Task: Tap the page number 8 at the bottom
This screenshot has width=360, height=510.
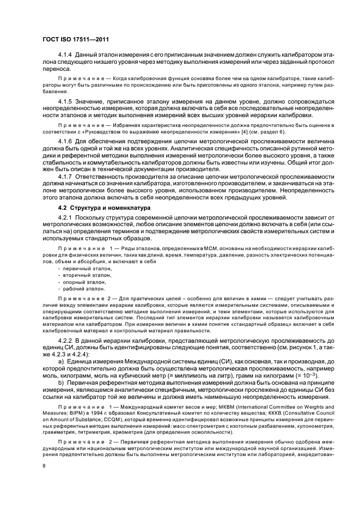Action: tap(44, 465)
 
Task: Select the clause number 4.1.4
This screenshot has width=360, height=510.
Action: tap(65, 56)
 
